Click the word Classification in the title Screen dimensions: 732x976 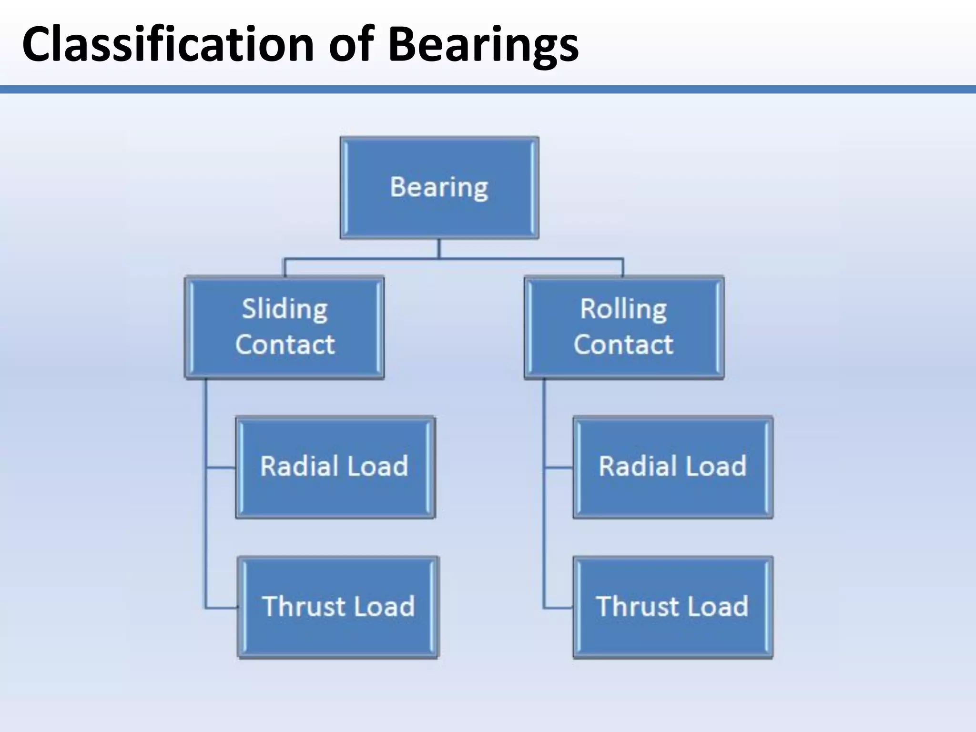[x=168, y=44]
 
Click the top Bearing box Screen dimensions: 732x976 [x=439, y=187]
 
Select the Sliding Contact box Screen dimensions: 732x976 [x=285, y=327]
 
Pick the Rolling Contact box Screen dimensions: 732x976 [x=624, y=327]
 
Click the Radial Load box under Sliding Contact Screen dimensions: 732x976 [x=335, y=467]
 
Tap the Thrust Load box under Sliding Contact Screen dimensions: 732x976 [x=338, y=607]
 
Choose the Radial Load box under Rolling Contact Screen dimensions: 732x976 [x=672, y=467]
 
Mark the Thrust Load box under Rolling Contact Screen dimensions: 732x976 [x=672, y=607]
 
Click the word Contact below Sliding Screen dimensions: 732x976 [x=285, y=345]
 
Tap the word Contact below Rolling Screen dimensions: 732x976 [x=623, y=345]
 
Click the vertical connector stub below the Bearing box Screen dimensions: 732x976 [x=439, y=248]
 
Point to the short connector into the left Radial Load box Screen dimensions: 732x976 [x=221, y=468]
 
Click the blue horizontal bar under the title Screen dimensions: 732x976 [x=488, y=89]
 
